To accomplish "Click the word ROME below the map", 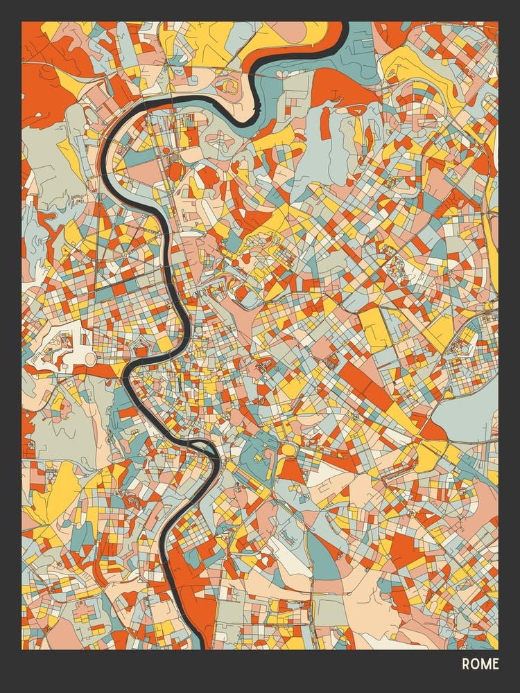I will click(x=480, y=664).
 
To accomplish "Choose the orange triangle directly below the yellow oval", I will click(x=291, y=471).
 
